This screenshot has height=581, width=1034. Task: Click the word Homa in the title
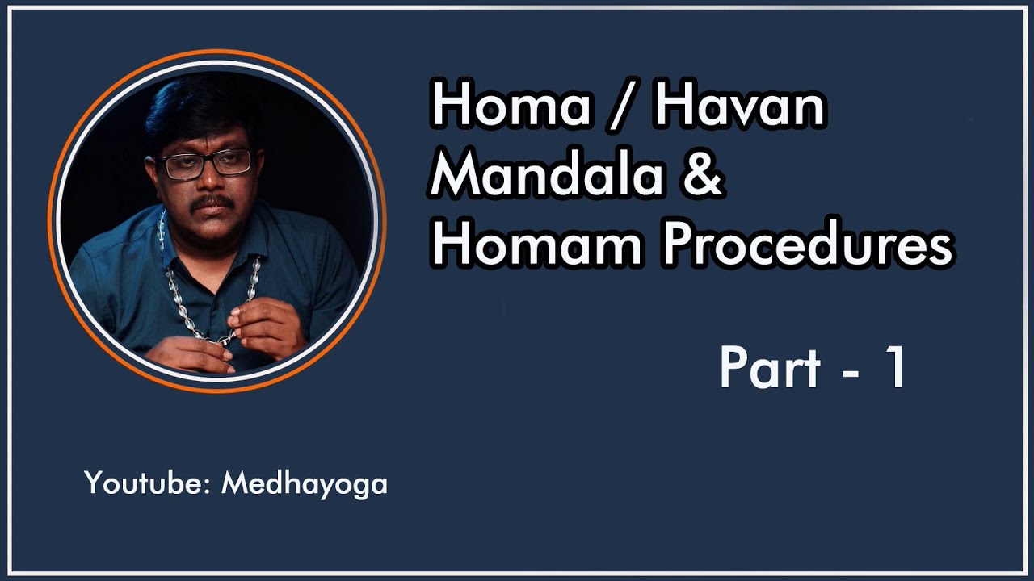(x=510, y=107)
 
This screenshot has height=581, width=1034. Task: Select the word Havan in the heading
(x=739, y=107)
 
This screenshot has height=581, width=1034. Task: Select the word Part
(x=770, y=368)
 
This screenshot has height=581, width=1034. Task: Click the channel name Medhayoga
(x=305, y=485)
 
